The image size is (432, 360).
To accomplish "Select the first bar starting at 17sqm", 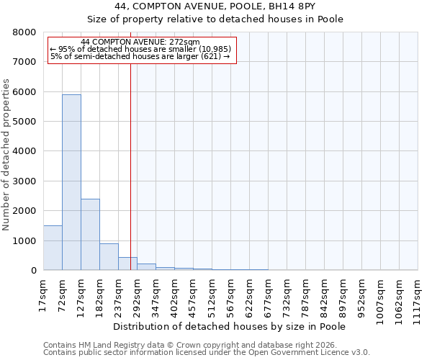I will tap(53, 248).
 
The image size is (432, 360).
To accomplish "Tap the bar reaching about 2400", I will tap(90, 234).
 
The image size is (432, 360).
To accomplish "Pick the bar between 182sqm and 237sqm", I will tap(109, 257).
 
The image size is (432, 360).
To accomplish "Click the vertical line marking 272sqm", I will tap(130, 166).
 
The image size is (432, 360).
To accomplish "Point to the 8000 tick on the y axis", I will tap(27, 32).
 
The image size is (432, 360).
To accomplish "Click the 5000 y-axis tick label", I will tap(27, 122).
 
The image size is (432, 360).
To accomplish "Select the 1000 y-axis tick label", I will tap(27, 241).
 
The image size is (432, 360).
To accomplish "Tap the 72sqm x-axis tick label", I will tap(62, 294).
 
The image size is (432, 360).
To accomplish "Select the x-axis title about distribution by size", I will tap(230, 326).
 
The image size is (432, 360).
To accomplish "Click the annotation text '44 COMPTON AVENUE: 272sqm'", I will tap(140, 42).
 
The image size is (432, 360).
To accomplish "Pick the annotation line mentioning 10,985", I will tap(140, 49).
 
